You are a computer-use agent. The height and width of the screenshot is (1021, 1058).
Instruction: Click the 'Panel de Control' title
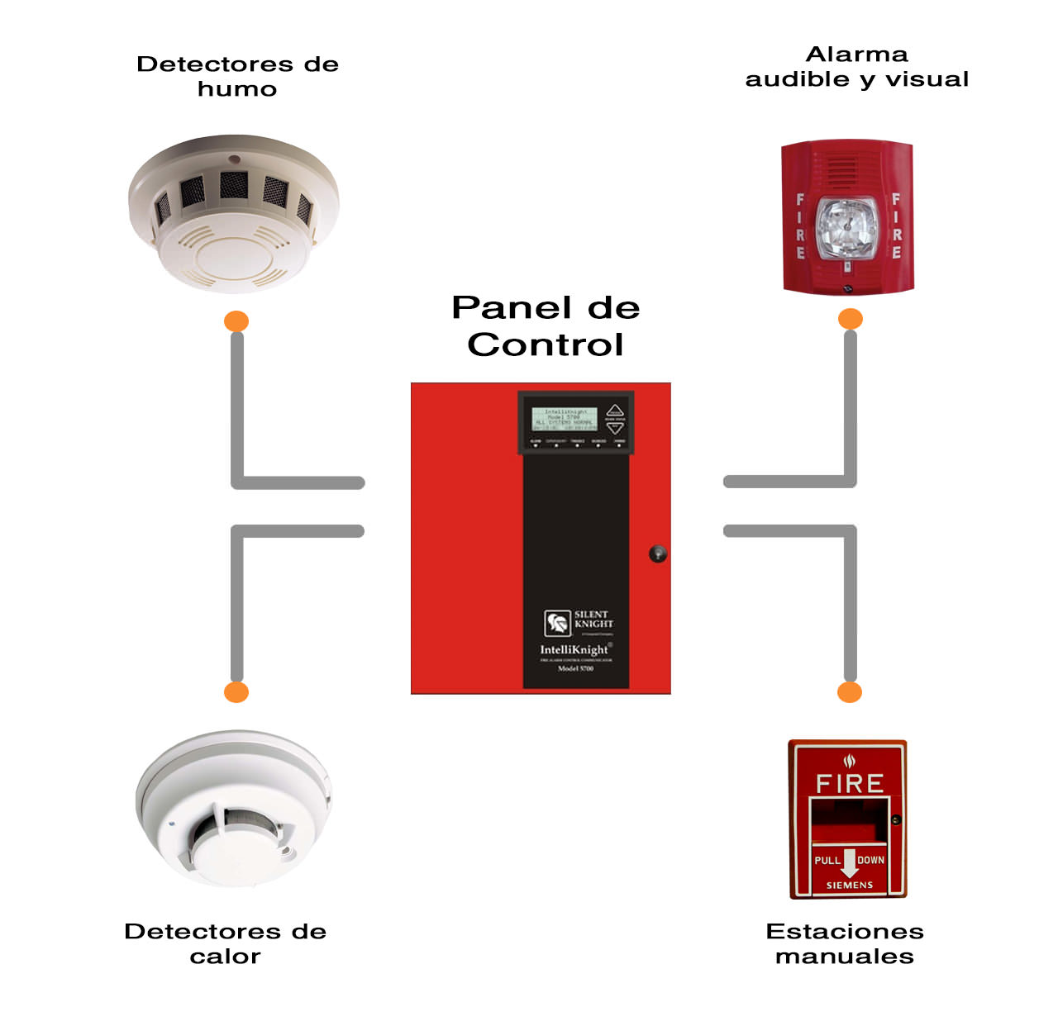tap(546, 326)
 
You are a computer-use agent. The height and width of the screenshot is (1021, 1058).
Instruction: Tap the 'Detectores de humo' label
tap(237, 76)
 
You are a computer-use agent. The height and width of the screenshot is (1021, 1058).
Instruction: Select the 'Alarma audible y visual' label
tap(856, 67)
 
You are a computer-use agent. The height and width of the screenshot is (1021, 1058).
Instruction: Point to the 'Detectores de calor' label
tap(225, 943)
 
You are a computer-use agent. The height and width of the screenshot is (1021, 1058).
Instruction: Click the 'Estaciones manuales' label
tap(844, 943)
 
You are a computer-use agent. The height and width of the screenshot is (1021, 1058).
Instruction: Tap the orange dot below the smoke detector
tap(236, 321)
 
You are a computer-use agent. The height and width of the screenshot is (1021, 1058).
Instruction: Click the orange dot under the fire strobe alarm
tap(851, 319)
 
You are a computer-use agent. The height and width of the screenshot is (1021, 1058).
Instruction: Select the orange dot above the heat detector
tap(236, 692)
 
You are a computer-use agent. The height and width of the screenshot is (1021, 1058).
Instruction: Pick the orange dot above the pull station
tap(850, 692)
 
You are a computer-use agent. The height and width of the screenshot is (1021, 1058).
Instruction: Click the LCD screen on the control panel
tap(564, 419)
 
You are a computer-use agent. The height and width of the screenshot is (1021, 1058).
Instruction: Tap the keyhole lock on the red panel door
tap(658, 553)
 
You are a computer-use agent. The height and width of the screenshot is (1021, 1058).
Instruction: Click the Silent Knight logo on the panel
tap(558, 622)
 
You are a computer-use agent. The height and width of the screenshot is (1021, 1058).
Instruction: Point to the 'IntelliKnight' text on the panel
tap(574, 650)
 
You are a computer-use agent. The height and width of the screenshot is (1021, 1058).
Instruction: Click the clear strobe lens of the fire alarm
tap(845, 226)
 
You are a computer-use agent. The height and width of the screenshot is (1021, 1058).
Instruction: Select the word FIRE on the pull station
tap(850, 783)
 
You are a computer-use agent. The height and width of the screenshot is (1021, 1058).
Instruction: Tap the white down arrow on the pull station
tap(849, 861)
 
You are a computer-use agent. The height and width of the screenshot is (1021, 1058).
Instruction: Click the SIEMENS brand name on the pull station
tap(850, 885)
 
